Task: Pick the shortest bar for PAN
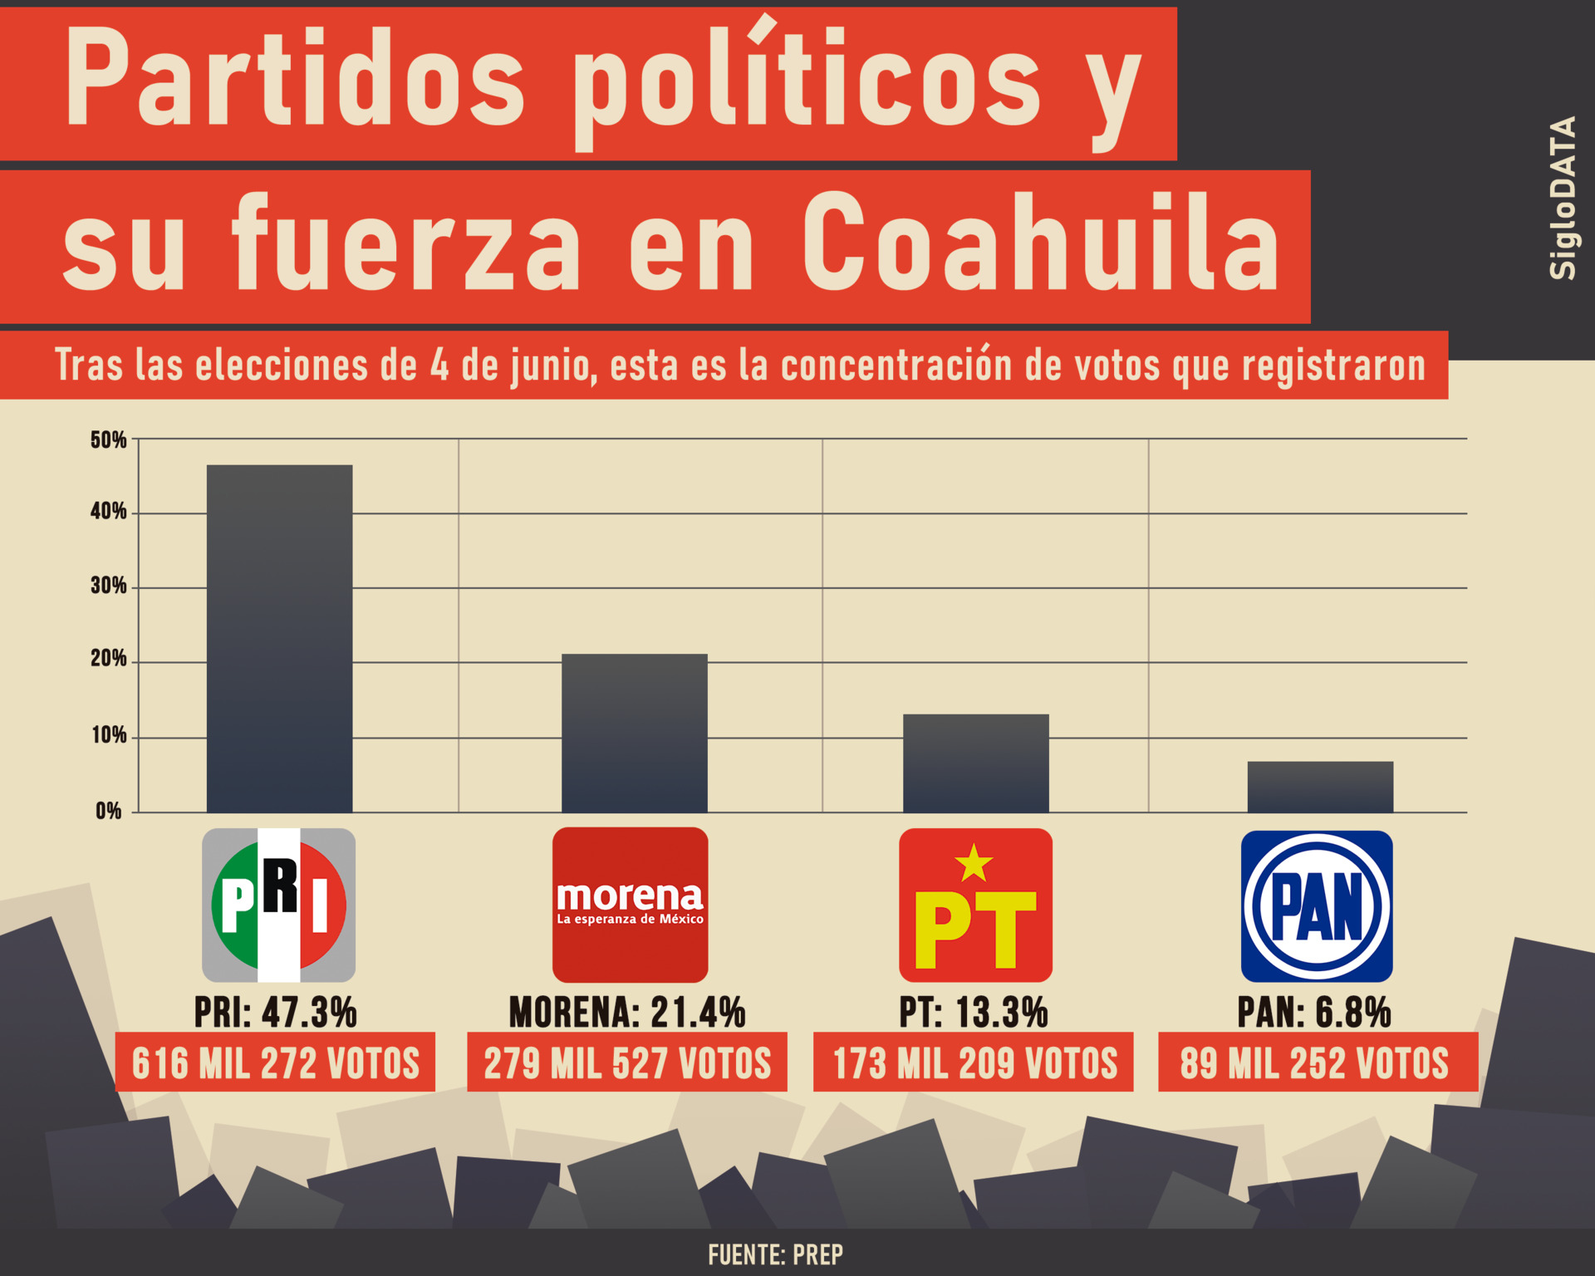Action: [x=1320, y=787]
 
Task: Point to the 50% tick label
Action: [x=109, y=439]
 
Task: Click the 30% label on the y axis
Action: [x=109, y=586]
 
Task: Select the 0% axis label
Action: [x=109, y=811]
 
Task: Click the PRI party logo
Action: [x=279, y=905]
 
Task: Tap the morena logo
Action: [x=630, y=905]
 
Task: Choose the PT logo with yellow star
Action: [x=975, y=905]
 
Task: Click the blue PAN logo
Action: [x=1317, y=905]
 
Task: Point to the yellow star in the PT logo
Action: [x=974, y=863]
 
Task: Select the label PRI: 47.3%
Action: [x=275, y=1012]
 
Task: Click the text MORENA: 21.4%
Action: [x=627, y=1012]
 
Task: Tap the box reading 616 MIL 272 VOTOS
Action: [x=275, y=1063]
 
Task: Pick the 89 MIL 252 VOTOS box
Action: [x=1318, y=1063]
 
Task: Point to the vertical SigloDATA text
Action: [x=1563, y=198]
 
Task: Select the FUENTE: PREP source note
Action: [x=775, y=1254]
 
